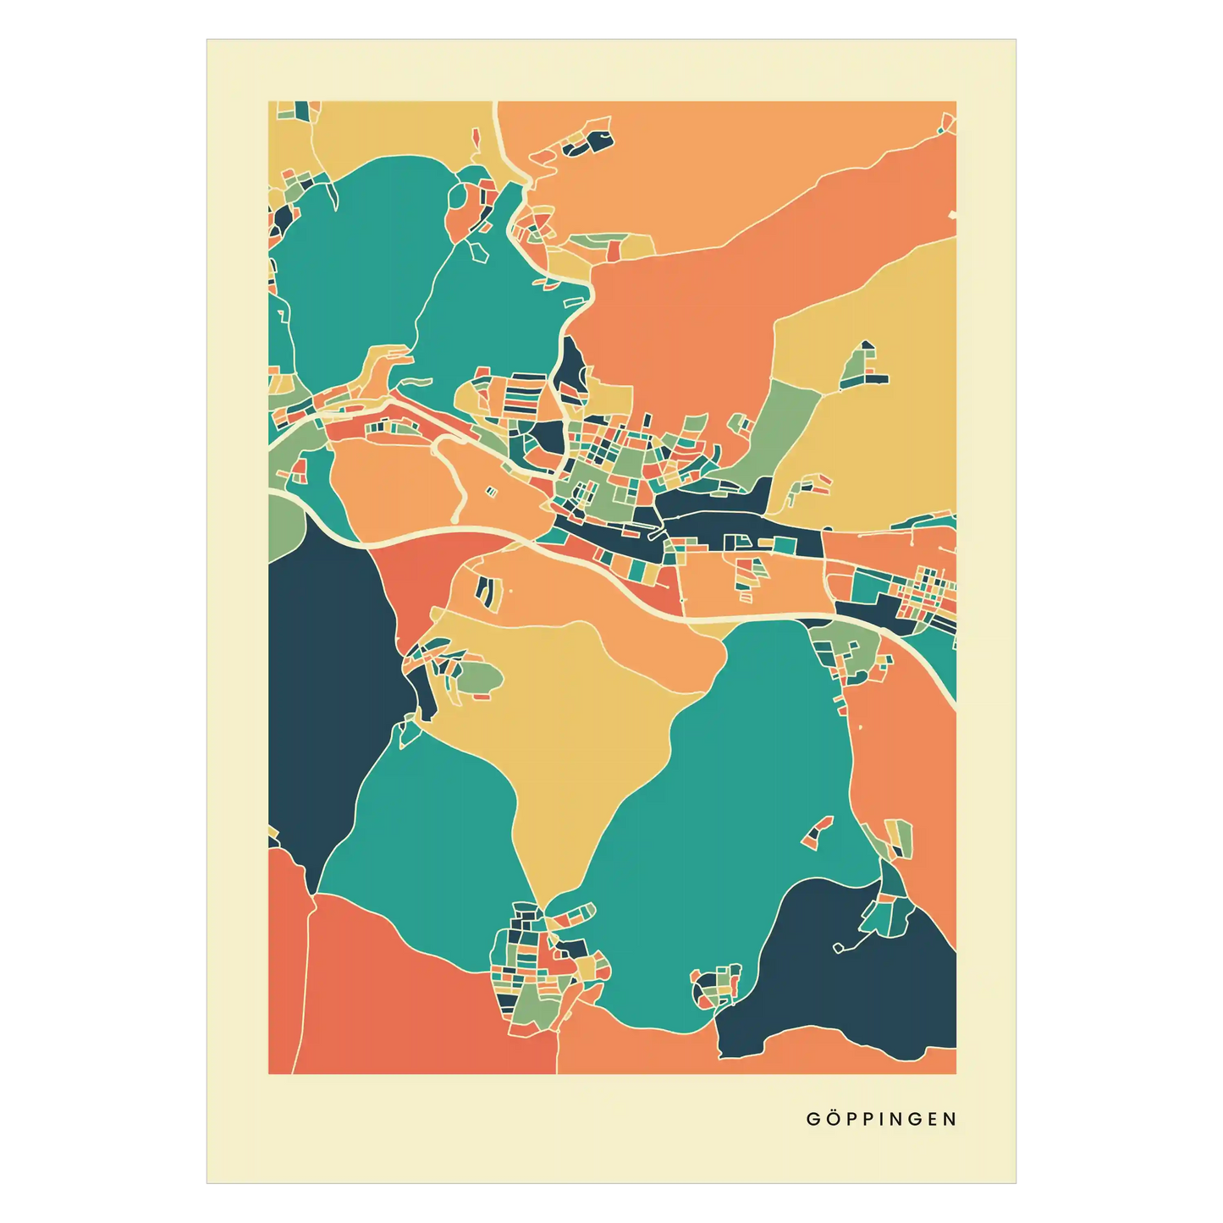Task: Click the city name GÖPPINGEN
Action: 881,1119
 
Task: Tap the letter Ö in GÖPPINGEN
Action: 834,1119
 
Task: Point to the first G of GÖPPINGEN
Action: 813,1119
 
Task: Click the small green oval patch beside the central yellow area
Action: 479,676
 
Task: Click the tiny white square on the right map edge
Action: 953,214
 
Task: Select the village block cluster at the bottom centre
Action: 542,965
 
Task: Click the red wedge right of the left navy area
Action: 406,584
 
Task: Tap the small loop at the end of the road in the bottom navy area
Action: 838,948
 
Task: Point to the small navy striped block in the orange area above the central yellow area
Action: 485,590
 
